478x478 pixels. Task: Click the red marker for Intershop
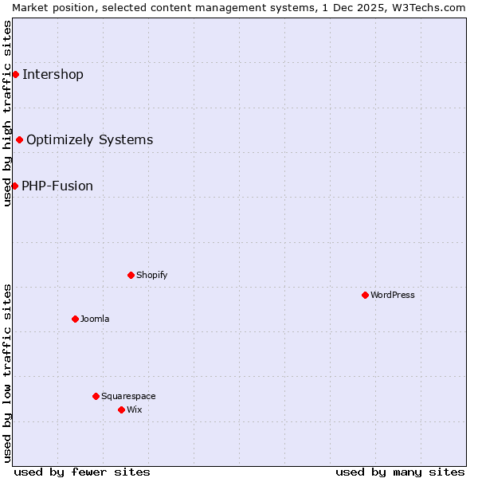(15, 74)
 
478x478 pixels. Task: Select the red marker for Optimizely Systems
(19, 139)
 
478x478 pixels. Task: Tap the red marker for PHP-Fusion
(14, 186)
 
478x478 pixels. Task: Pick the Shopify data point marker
(131, 275)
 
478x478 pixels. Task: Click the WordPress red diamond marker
(365, 295)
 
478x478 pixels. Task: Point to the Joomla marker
(75, 319)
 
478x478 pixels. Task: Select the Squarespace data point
(96, 396)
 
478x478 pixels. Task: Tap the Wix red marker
(121, 409)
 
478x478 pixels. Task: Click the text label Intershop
(53, 75)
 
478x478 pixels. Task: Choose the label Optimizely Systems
(89, 140)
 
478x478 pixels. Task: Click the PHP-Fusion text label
(57, 186)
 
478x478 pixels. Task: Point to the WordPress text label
(393, 295)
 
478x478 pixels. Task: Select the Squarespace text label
(128, 396)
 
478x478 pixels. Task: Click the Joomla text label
(95, 319)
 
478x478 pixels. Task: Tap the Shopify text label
(151, 275)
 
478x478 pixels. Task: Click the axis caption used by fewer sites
(82, 472)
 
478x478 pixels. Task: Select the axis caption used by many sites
(400, 472)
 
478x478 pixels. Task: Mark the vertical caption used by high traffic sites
(7, 113)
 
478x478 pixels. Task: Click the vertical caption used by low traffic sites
(7, 373)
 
